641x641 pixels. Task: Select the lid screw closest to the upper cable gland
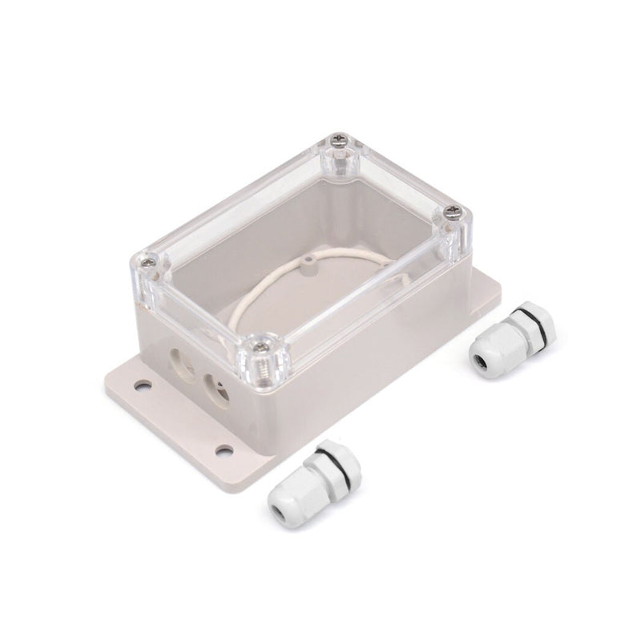(453, 213)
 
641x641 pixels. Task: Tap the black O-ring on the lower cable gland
(320, 466)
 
